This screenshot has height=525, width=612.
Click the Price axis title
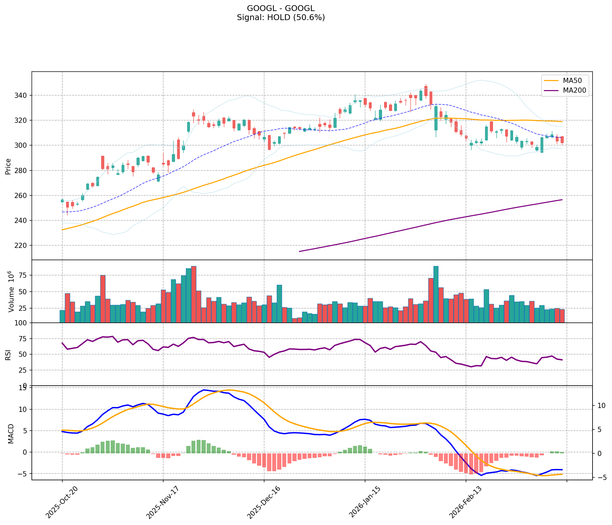8,166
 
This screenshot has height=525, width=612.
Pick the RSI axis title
8,355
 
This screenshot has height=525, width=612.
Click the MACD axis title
11,434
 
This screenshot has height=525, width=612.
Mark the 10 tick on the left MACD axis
24,410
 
